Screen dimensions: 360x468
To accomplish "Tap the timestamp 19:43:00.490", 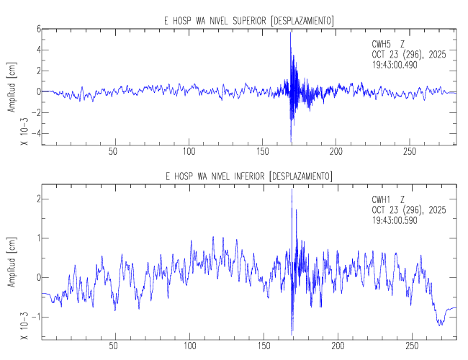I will (395, 64).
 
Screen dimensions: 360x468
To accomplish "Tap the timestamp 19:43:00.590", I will (395, 220).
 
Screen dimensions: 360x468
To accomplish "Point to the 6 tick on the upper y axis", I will (36, 30).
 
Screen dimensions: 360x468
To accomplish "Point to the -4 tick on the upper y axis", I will (34, 133).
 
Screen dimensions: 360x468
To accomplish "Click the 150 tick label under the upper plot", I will (263, 152).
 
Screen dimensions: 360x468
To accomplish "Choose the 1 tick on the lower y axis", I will (36, 238).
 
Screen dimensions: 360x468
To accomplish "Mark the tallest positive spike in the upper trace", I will (291, 32).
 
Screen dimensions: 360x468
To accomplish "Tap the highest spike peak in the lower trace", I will (292, 189).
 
